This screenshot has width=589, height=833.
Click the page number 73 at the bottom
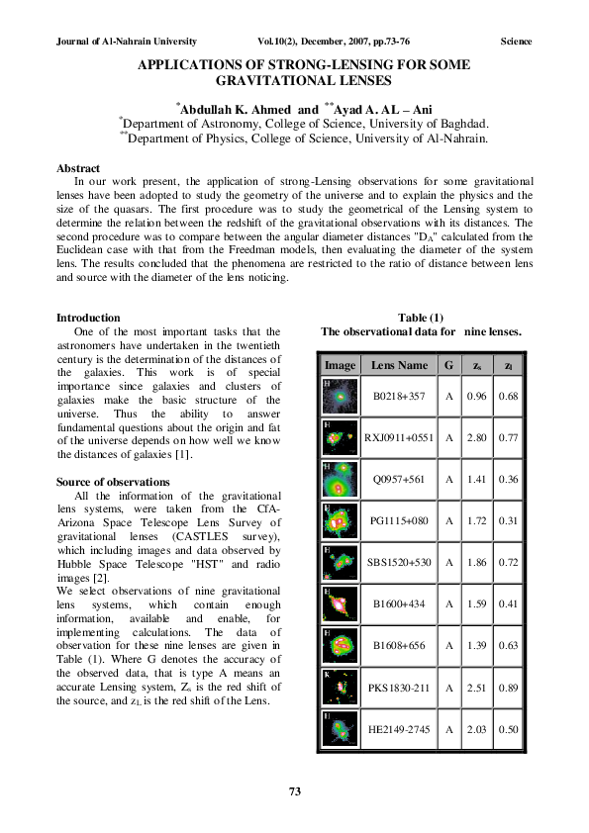[294, 790]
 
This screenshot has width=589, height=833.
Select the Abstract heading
[78, 169]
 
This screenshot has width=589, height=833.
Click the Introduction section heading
[88, 318]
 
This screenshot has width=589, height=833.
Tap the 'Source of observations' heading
[113, 482]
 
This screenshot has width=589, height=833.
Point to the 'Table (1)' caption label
[425, 317]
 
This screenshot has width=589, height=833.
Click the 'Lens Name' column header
[400, 366]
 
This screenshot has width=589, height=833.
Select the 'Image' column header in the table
[341, 366]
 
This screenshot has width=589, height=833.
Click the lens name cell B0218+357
[400, 397]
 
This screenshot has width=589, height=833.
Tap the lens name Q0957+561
[400, 478]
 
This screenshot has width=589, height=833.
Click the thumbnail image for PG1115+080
[341, 519]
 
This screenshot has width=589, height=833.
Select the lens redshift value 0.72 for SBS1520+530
[509, 561]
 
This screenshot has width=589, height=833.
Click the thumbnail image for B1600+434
[341, 602]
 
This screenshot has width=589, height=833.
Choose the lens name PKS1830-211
[400, 688]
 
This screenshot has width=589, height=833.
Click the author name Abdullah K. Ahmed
[236, 108]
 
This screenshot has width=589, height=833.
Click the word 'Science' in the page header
[516, 42]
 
